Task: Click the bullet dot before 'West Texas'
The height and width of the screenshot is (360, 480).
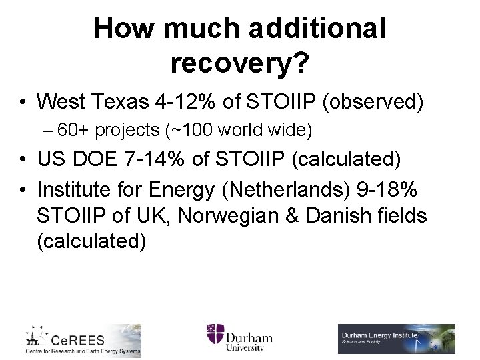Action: point(23,103)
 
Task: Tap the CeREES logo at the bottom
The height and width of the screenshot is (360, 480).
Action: point(83,340)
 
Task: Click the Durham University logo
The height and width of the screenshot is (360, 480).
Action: point(239,337)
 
